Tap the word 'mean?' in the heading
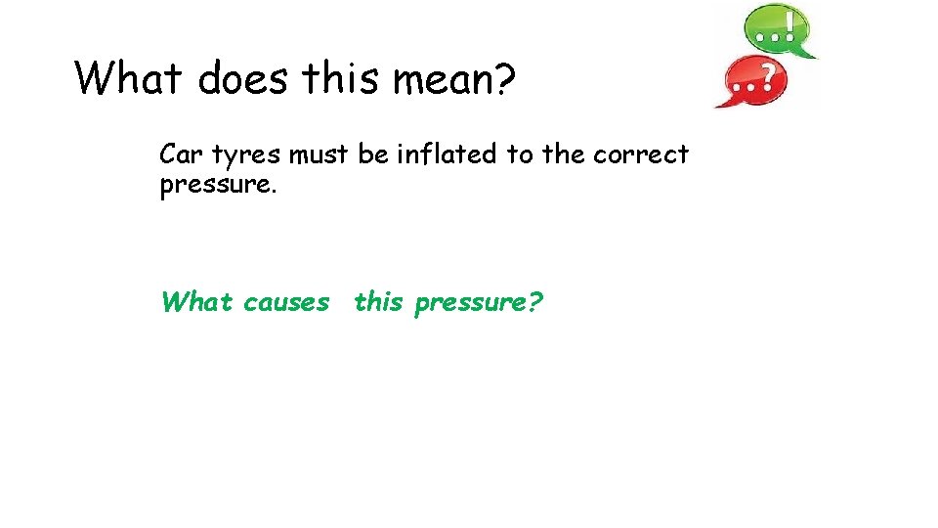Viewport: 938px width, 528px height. (453, 78)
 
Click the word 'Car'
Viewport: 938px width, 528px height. (182, 154)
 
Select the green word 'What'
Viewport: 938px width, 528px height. (197, 302)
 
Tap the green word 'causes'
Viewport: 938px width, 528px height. (286, 303)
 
